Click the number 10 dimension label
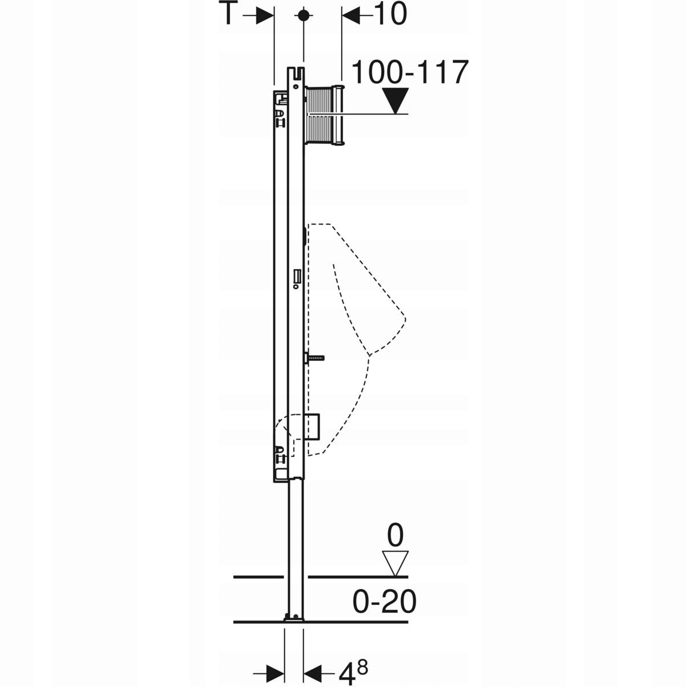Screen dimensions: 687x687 tap(391, 14)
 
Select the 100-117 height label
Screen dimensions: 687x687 tap(410, 72)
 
